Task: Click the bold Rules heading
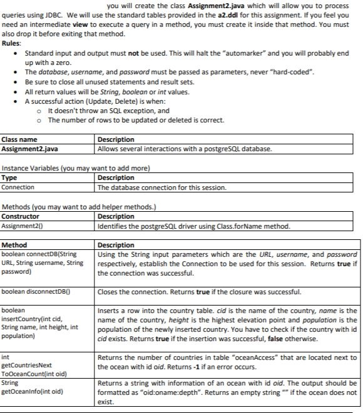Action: (11, 43)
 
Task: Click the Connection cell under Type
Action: (19, 187)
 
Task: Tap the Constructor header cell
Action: (21, 217)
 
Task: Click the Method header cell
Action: (15, 246)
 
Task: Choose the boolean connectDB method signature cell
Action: (44, 263)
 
